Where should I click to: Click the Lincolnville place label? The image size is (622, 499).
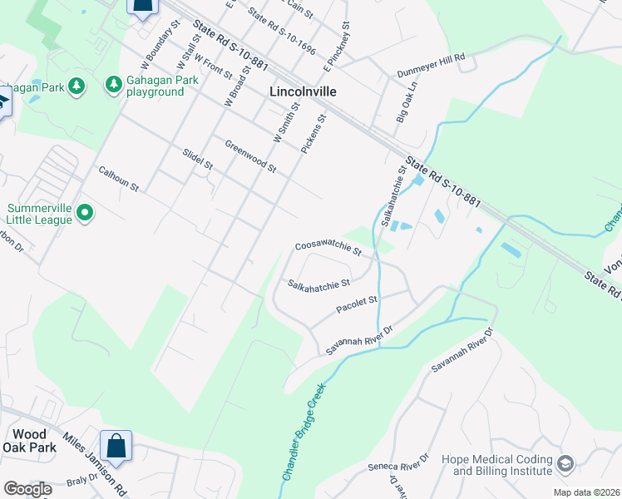point(304,91)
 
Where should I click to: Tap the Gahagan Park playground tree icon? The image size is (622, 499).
point(114,85)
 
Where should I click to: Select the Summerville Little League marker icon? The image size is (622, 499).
point(84,214)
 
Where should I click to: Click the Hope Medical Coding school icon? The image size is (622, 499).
point(565,464)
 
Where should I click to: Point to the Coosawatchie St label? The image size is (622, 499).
point(328,249)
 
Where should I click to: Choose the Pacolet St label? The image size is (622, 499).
point(357,304)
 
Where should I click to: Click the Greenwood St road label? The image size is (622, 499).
point(250,156)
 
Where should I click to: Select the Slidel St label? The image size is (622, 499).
point(198,160)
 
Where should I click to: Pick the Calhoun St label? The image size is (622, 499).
point(117,178)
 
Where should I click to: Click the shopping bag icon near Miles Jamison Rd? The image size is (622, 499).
point(116,445)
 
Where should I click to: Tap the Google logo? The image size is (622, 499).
point(27,489)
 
